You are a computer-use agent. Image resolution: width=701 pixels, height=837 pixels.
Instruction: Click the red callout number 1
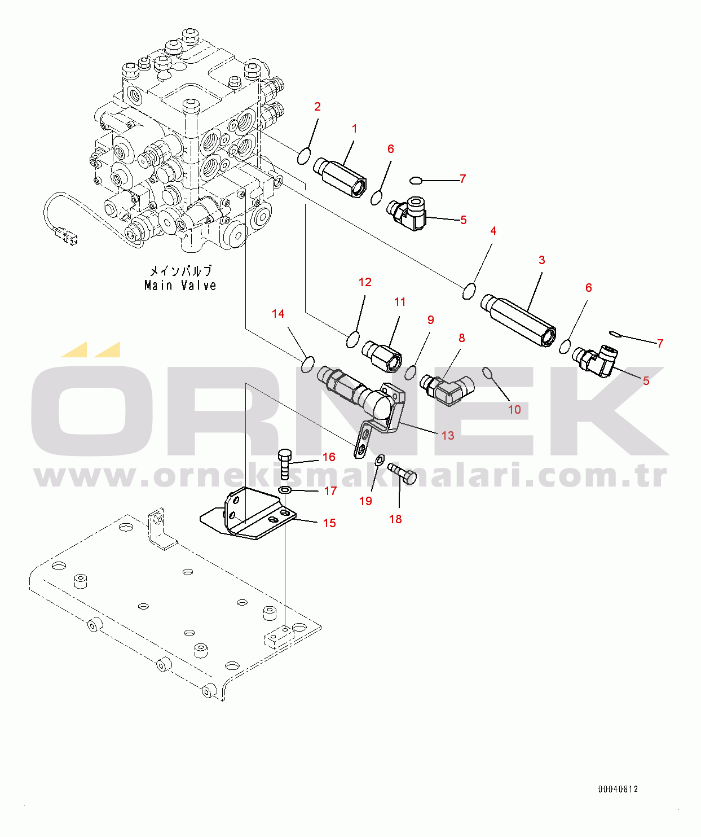355,129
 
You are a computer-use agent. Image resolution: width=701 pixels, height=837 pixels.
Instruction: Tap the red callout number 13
447,435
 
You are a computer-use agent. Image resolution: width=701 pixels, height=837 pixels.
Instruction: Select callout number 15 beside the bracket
329,523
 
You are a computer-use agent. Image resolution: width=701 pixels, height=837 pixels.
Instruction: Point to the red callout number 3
541,260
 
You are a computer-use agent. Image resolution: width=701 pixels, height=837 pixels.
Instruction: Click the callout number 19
365,501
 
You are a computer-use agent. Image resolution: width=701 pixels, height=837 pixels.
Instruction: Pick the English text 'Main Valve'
180,286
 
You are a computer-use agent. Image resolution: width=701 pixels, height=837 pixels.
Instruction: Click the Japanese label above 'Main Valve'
180,271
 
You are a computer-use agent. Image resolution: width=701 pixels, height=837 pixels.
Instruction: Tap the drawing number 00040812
618,789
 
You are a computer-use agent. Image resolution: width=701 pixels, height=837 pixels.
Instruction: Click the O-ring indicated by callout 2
304,156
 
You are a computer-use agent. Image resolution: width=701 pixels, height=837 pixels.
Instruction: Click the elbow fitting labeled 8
448,389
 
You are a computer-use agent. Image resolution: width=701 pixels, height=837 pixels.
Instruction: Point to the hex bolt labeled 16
285,464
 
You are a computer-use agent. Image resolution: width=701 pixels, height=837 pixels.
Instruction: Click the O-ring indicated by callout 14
307,365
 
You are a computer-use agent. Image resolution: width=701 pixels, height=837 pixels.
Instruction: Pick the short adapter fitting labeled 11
382,357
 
